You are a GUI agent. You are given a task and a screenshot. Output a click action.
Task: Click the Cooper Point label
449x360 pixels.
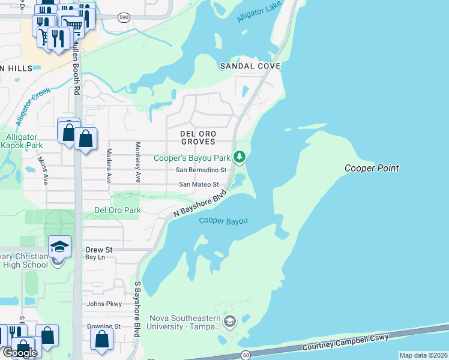point(372,169)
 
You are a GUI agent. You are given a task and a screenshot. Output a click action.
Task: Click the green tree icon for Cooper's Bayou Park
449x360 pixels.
point(240,157)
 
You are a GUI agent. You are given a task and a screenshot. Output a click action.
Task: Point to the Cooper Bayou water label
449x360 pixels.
point(223,221)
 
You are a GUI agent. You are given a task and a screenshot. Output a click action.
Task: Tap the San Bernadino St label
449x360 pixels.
point(200,170)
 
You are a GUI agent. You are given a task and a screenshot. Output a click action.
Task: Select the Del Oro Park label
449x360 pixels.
point(117,211)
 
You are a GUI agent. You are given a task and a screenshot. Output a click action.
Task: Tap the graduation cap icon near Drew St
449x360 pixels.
point(60,247)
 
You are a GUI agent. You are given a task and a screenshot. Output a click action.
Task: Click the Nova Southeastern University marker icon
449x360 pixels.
point(229,322)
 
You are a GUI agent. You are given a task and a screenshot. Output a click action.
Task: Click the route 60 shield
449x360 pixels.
point(246,356)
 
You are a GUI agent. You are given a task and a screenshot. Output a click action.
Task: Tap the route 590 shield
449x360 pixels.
point(123,17)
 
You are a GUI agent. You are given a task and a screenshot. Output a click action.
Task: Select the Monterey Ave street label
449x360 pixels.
point(137,162)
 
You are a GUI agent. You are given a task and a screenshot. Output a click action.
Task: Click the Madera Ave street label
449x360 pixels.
point(109,166)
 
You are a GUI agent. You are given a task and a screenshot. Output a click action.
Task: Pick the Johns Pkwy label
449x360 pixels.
point(104,304)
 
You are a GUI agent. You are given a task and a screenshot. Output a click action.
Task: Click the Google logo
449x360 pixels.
point(19,353)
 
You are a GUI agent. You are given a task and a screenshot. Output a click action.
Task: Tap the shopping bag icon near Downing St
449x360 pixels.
point(101,338)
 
